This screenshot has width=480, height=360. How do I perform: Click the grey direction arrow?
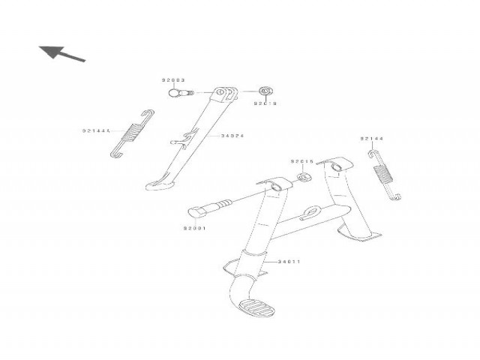pos(61,53)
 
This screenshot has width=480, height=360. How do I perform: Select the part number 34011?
pos(289,262)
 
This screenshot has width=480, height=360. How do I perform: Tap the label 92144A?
pos(96,130)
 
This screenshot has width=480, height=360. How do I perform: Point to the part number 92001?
pos(194,227)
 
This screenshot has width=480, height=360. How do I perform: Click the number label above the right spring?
pos(371,139)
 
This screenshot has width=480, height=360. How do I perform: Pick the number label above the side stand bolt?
pos(172,80)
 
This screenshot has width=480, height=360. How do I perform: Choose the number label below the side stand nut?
pos(265,103)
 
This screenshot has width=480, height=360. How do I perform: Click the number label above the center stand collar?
pos(301,161)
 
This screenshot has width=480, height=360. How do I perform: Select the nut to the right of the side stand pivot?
pos(265,91)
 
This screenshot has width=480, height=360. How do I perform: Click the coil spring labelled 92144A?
pos(132,134)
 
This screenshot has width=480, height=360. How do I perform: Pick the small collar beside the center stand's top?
pos(304,177)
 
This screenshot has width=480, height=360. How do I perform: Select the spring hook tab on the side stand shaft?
pos(175,140)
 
